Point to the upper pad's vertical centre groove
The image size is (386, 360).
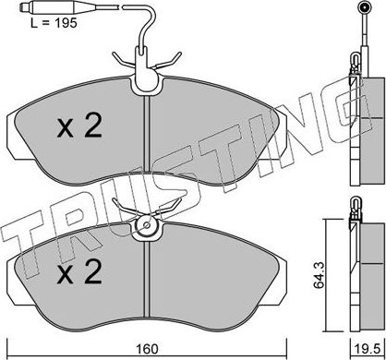pos(149,138)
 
